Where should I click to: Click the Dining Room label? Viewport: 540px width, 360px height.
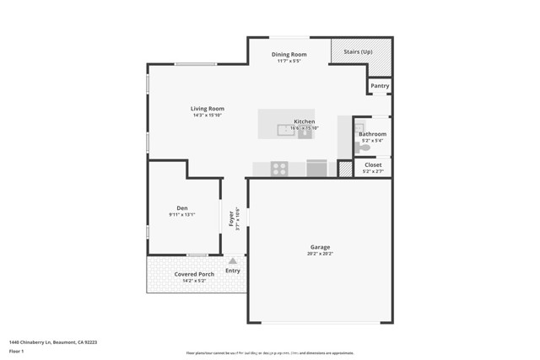click(289, 55)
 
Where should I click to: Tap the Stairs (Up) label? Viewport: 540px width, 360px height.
click(358, 52)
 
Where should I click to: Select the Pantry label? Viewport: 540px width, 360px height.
click(380, 85)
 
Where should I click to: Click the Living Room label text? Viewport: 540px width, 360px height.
click(207, 109)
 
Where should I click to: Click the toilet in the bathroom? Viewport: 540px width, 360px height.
click(363, 148)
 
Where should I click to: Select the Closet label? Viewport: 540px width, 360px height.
click(372, 165)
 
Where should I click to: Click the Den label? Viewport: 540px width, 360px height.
click(181, 208)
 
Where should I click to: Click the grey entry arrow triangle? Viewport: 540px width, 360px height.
click(233, 261)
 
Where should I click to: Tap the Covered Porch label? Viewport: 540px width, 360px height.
click(194, 274)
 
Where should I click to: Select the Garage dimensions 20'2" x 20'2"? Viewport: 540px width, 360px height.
click(320, 254)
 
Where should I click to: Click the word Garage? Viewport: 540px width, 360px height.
click(320, 247)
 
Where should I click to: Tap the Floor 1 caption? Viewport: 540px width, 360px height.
click(17, 350)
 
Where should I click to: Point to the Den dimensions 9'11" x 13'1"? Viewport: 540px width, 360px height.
click(181, 215)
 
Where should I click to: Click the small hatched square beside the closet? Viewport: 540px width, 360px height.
click(344, 169)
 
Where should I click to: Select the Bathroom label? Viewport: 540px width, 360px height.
click(372, 134)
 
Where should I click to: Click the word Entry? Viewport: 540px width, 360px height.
click(233, 271)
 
